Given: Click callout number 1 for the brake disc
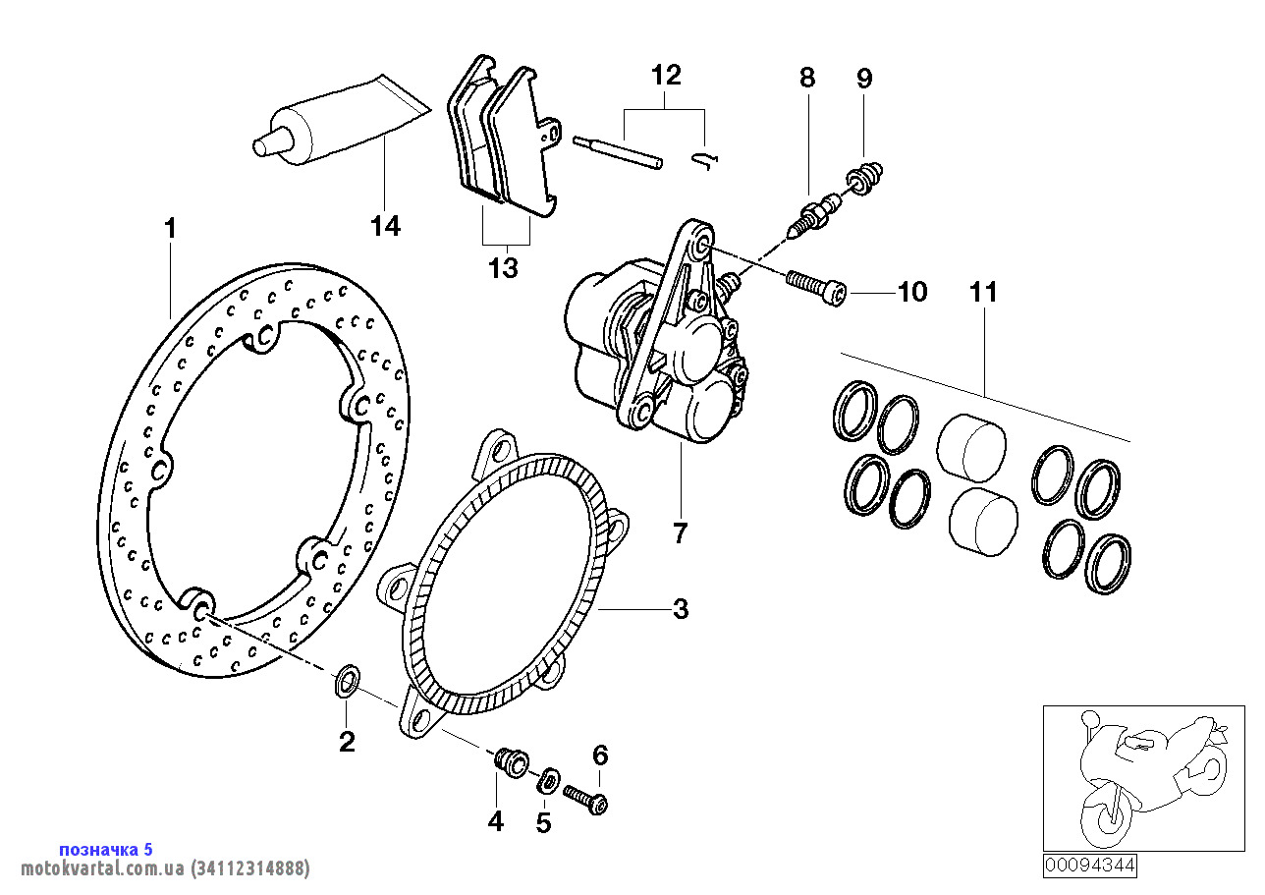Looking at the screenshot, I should click(x=170, y=229).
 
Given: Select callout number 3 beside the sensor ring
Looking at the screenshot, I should click(x=681, y=609).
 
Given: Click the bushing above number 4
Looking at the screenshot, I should click(x=510, y=760).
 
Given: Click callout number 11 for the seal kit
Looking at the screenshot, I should click(x=983, y=292).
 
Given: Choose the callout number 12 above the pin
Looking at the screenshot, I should click(x=665, y=75).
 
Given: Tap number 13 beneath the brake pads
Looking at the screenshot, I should click(x=503, y=267).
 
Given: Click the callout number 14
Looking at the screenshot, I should click(x=386, y=226).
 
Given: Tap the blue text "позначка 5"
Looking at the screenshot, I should click(x=106, y=850).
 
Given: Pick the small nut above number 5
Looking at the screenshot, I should click(x=548, y=781).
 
